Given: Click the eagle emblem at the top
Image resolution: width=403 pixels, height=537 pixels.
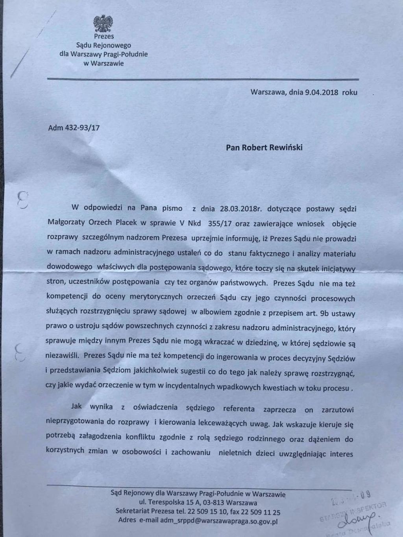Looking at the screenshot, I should coord(103,23).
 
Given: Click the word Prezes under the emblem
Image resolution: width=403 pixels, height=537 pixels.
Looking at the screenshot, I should coord(104,36).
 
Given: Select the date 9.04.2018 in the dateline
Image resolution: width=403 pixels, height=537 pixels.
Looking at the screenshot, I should coord(322,93).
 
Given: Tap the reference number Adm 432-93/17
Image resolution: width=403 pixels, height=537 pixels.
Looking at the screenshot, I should coord(74,128).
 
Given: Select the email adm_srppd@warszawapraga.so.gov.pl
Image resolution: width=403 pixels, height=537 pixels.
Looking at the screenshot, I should coord(214,520).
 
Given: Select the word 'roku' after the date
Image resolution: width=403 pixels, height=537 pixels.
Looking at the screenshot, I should coord(349,93).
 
